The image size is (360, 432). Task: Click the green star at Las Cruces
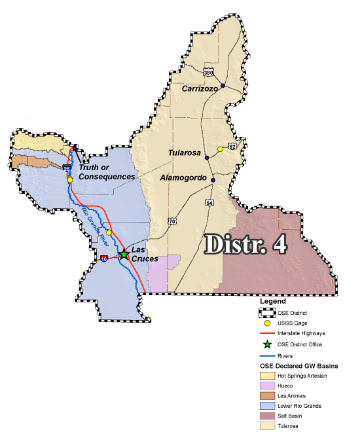coord(124,255)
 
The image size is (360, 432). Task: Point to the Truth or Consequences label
coord(107,171)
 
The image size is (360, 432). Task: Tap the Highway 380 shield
coord(207,71)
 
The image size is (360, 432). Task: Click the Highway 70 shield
coord(171,221)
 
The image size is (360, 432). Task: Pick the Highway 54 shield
coord(209,202)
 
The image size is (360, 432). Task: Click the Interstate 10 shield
coord(104,259)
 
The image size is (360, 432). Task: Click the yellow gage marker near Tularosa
coord(221,149)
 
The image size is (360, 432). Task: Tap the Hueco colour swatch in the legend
coord(265,386)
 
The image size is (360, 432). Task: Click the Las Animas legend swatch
coord(265,395)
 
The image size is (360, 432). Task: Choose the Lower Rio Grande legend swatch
coord(265,405)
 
